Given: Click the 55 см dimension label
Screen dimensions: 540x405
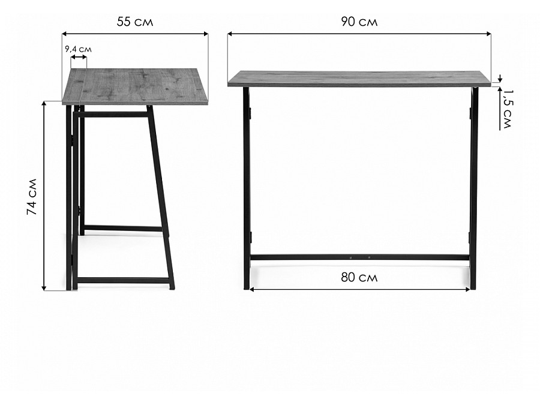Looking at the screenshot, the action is click(135, 22).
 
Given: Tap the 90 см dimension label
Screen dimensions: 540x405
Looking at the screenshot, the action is click(359, 22).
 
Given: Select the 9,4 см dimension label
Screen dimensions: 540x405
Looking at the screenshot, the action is click(79, 49).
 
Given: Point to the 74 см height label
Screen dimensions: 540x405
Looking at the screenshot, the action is click(32, 197).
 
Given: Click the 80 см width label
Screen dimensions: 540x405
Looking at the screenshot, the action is click(359, 277).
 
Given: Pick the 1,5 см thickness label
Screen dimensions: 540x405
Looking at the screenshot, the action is click(507, 109).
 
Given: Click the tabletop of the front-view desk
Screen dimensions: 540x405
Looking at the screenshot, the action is click(359, 79).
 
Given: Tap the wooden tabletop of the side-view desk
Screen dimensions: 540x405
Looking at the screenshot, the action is click(136, 86).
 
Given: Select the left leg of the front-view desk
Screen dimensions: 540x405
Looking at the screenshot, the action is click(247, 188).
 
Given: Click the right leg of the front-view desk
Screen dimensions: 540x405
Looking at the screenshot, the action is click(473, 188).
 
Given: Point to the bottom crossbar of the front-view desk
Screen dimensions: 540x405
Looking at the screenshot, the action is click(359, 257).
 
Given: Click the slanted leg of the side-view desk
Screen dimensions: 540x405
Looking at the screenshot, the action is click(160, 197).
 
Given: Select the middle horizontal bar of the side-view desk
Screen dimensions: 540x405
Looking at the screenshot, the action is click(123, 229).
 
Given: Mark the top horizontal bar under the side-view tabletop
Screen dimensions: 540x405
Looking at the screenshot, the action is click(113, 115).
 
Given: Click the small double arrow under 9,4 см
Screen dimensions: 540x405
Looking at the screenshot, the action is click(79, 57).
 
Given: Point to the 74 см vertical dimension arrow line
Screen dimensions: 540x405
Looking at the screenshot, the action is click(44, 196).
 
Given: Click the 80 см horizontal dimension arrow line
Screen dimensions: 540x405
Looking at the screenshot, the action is click(359, 290).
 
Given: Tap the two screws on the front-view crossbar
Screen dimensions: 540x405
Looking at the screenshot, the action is click(359, 257).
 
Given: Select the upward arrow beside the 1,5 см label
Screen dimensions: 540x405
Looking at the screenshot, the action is click(500, 108).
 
